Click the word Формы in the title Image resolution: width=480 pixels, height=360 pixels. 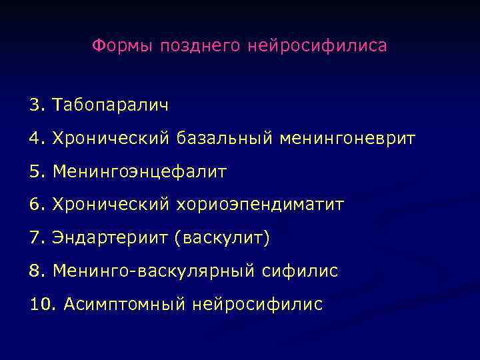click(x=121, y=46)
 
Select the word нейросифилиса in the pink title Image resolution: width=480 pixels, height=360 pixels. click(x=317, y=46)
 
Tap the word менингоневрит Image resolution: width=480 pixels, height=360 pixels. click(x=347, y=138)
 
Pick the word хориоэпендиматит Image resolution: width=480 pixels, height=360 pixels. click(x=261, y=204)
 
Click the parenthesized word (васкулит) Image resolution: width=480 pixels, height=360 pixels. click(x=222, y=237)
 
